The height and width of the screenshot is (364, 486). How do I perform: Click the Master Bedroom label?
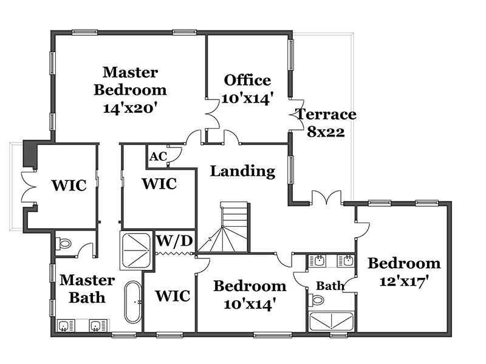[130, 90]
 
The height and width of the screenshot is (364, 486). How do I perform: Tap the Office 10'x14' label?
[247, 89]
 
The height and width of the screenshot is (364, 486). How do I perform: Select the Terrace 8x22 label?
[326, 123]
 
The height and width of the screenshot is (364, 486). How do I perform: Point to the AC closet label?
[159, 157]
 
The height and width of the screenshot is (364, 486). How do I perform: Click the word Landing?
[242, 171]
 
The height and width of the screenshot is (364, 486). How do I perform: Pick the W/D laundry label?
[174, 241]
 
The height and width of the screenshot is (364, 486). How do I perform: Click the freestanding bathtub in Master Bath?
[133, 302]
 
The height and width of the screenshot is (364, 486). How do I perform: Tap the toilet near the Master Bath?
[64, 244]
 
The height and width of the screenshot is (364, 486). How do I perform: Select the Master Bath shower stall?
[137, 251]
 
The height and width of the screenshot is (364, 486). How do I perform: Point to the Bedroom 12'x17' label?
[404, 272]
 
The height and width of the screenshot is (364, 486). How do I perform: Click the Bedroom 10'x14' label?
[250, 295]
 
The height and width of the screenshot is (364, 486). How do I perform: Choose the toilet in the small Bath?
[316, 300]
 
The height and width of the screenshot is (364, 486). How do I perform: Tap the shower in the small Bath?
[331, 322]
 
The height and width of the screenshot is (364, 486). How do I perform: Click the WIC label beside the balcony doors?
[69, 186]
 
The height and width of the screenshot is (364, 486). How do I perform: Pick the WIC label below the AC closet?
[159, 184]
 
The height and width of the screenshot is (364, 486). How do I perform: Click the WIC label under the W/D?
[173, 296]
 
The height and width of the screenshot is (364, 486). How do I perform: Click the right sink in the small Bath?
[345, 261]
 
